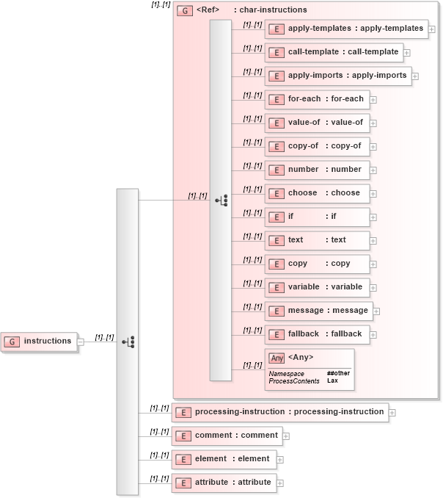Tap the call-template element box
[334, 52]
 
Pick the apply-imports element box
[337, 76]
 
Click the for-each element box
[317, 99]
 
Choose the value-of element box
[317, 123]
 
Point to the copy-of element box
[316, 146]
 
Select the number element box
[316, 170]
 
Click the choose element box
[316, 193]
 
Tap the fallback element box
[317, 334]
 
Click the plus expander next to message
[376, 311]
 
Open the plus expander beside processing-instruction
[392, 413]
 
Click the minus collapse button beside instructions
[81, 342]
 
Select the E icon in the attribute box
[183, 483]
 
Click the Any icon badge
[277, 358]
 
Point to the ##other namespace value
[338, 373]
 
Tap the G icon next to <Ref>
[185, 11]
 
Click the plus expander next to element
[280, 460]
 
